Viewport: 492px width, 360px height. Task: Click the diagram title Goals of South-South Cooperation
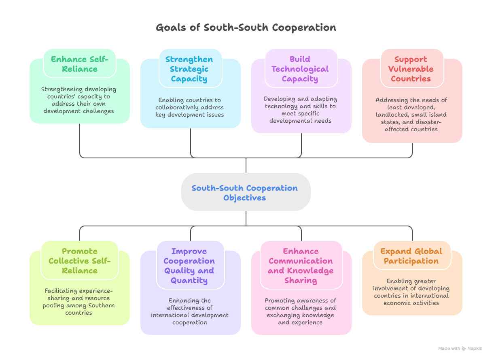pyautogui.click(x=246, y=28)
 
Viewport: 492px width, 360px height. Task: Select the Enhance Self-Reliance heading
pyautogui.click(x=80, y=64)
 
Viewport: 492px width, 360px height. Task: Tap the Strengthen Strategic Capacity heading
pyautogui.click(x=189, y=69)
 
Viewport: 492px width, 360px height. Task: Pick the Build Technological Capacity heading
pyautogui.click(x=300, y=69)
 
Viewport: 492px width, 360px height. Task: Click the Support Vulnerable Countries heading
pyautogui.click(x=411, y=69)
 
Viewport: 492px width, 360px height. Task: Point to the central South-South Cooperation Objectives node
pyautogui.click(x=246, y=192)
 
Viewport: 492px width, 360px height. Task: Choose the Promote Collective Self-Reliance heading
pyautogui.click(x=80, y=261)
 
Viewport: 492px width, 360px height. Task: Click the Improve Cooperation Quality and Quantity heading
pyautogui.click(x=189, y=266)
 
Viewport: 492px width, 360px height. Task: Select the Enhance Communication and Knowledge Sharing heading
pyautogui.click(x=301, y=266)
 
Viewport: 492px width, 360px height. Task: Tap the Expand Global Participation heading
pyautogui.click(x=411, y=256)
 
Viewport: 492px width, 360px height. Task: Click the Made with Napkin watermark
pyautogui.click(x=460, y=348)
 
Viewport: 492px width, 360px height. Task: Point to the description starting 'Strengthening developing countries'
pyautogui.click(x=79, y=100)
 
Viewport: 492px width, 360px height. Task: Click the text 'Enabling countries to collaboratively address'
pyautogui.click(x=189, y=107)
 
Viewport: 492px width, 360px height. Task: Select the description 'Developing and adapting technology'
pyautogui.click(x=300, y=110)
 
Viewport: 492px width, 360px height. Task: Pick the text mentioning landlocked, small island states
pyautogui.click(x=411, y=115)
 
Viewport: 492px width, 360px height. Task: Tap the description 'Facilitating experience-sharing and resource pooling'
pyautogui.click(x=79, y=302)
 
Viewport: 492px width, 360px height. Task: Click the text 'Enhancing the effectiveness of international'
pyautogui.click(x=189, y=311)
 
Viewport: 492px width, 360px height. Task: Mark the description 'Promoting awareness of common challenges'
pyautogui.click(x=300, y=311)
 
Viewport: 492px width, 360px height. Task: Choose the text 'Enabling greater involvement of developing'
pyautogui.click(x=411, y=292)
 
